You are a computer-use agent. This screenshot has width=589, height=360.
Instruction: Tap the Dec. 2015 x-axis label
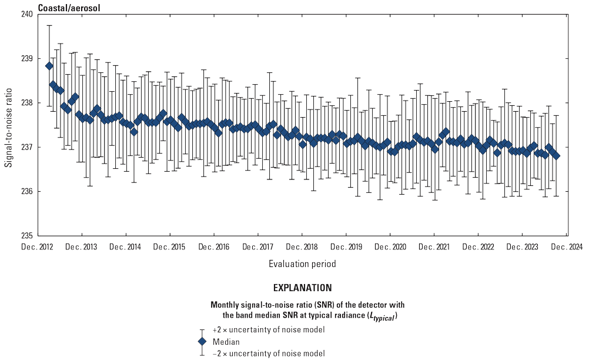[x=170, y=247]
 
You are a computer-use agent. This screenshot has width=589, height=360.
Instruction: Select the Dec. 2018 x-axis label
[x=302, y=247]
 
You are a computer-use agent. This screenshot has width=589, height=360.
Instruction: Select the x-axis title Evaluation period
[x=302, y=264]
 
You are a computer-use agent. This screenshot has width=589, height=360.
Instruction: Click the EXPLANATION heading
[x=302, y=288]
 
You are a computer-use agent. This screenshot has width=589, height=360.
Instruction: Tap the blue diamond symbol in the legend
[x=202, y=342]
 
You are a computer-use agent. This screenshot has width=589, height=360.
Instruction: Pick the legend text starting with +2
[x=269, y=330]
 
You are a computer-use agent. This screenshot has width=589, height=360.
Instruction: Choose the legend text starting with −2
[x=269, y=353]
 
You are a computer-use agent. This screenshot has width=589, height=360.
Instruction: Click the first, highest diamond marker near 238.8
[x=49, y=66]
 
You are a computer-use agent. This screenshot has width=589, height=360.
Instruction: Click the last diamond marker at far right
[x=556, y=155]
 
